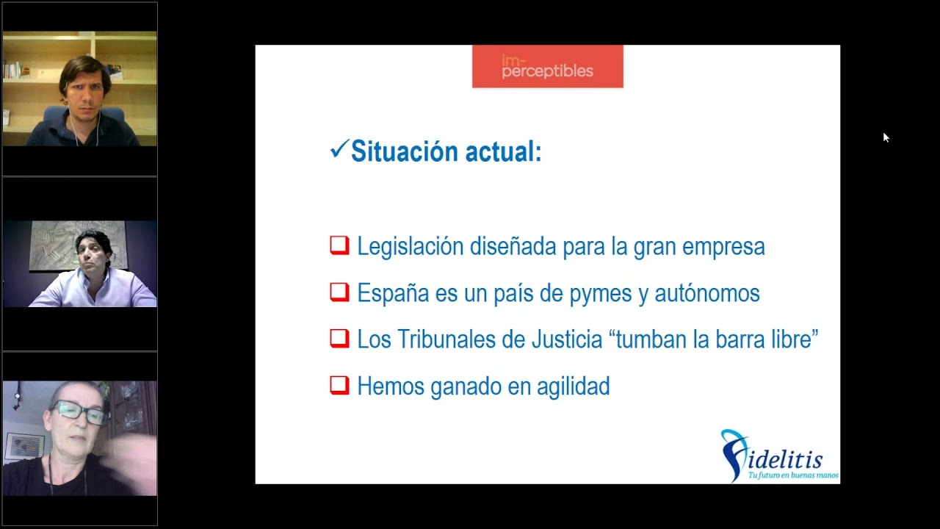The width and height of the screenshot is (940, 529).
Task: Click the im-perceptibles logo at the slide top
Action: [x=547, y=67]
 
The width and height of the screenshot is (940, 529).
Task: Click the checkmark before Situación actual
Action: [x=339, y=150]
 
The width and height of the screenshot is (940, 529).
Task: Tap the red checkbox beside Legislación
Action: [x=339, y=245]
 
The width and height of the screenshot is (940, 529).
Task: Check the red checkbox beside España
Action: [x=339, y=292]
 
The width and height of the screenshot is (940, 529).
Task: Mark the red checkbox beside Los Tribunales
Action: [x=339, y=339]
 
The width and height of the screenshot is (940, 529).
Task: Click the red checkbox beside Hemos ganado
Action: [x=339, y=385]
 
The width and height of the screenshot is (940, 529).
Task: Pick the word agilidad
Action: [x=573, y=386]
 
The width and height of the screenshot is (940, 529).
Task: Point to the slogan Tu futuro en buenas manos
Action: [x=793, y=475]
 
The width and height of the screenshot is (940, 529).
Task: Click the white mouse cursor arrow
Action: [x=886, y=137]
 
